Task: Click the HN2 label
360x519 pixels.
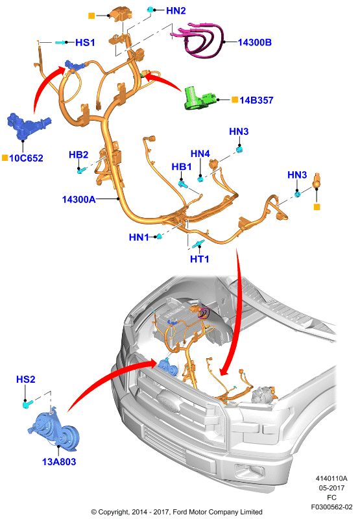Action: pyautogui.click(x=176, y=10)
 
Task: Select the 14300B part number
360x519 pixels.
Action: pyautogui.click(x=255, y=42)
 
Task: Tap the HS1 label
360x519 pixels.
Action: pyautogui.click(x=85, y=42)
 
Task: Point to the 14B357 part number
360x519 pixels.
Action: pyautogui.click(x=256, y=100)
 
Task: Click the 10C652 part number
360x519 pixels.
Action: pyautogui.click(x=26, y=158)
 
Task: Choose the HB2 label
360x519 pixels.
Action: pyautogui.click(x=78, y=154)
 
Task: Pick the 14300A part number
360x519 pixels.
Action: pyautogui.click(x=78, y=199)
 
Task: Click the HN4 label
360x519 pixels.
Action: pyautogui.click(x=200, y=154)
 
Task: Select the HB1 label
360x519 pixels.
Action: pyautogui.click(x=182, y=167)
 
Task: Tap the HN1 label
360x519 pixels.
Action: pyautogui.click(x=139, y=237)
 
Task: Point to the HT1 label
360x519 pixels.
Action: pyautogui.click(x=200, y=259)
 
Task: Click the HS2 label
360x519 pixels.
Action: pyautogui.click(x=25, y=379)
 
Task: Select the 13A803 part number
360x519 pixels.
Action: pyautogui.click(x=59, y=461)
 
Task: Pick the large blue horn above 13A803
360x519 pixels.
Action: pyautogui.click(x=54, y=430)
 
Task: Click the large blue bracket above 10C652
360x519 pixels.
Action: pyautogui.click(x=27, y=126)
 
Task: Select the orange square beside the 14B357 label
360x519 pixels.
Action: pyautogui.click(x=235, y=100)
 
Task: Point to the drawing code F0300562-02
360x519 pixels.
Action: pyautogui.click(x=331, y=507)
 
